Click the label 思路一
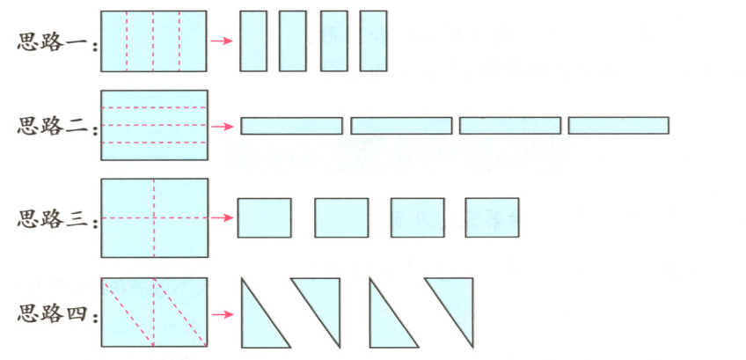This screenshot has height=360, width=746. click(x=55, y=42)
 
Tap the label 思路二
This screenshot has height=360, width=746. click(x=55, y=126)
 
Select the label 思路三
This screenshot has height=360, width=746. click(x=55, y=218)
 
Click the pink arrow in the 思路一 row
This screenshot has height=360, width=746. click(x=223, y=40)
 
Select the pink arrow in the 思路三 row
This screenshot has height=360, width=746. click(x=223, y=217)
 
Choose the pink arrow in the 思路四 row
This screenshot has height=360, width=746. click(x=223, y=313)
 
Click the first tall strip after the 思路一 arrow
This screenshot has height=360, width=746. click(x=253, y=40)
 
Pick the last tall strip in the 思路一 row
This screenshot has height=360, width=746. click(x=373, y=40)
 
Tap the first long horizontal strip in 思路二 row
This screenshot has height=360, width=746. click(x=291, y=126)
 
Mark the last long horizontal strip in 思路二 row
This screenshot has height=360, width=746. click(x=618, y=126)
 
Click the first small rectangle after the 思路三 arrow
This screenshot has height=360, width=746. click(x=264, y=217)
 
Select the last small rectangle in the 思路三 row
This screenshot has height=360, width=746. click(x=492, y=217)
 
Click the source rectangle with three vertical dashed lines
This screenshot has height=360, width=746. click(x=153, y=40)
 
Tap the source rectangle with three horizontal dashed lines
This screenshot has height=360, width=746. click(x=154, y=125)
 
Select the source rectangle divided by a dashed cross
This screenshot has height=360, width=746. click(x=154, y=217)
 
